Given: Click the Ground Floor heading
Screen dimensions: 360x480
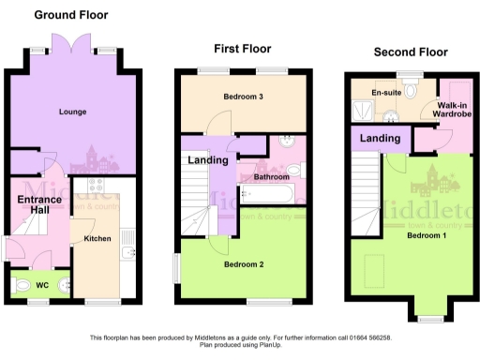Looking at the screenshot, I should coord(71,15).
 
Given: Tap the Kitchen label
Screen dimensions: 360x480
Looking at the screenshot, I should coord(97,239).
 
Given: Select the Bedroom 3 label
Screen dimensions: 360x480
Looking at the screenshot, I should coord(243,97).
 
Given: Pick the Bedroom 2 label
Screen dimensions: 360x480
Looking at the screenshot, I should coord(243,265).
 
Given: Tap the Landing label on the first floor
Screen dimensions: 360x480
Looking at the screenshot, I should coord(208,160).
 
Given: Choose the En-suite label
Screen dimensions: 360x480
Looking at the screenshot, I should coord(386,94).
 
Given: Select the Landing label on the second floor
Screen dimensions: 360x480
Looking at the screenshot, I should coord(382,139).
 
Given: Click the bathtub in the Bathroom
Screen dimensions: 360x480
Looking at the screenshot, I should coord(269,194).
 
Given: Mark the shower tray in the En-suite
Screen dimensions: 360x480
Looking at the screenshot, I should coord(361,112).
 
